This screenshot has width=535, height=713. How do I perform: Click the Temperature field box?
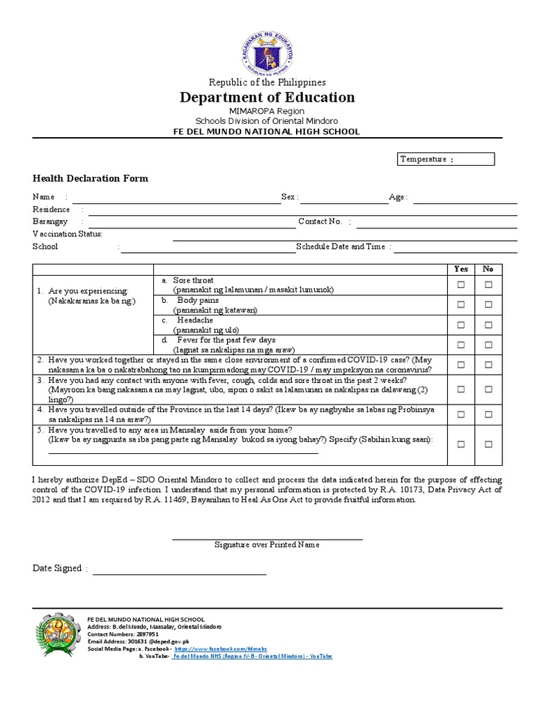tap(445, 159)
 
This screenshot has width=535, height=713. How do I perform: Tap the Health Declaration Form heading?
tap(91, 178)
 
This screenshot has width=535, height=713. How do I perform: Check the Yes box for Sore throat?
tap(460, 284)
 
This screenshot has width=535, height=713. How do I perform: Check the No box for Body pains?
tap(488, 304)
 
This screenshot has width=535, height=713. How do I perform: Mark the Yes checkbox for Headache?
tap(460, 324)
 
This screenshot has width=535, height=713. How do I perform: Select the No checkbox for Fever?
tap(488, 345)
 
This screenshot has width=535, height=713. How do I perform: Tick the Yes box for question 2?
tap(460, 365)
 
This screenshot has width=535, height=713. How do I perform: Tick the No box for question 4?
tap(488, 414)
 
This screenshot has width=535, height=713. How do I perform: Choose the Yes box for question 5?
tap(460, 444)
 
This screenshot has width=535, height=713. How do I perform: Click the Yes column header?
tap(460, 269)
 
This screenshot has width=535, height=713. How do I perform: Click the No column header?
tap(488, 269)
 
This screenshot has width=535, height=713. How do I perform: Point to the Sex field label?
tap(289, 198)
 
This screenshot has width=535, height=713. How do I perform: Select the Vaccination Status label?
tap(68, 234)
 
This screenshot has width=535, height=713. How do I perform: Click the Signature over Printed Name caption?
tap(267, 544)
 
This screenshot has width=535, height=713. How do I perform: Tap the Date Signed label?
tap(57, 568)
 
